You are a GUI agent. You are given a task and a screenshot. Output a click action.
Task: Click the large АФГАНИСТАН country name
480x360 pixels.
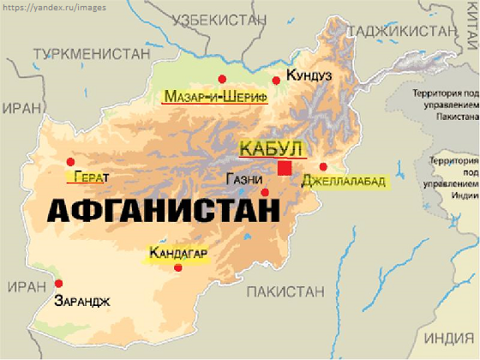[x=162, y=211]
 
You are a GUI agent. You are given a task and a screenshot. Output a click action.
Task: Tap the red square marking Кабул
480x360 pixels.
[x=285, y=168]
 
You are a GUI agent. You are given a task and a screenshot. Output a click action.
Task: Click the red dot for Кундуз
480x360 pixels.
[x=276, y=81]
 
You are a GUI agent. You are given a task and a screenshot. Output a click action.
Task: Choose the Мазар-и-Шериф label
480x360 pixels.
[x=214, y=96]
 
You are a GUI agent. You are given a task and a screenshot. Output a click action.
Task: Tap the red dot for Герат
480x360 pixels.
[x=70, y=161]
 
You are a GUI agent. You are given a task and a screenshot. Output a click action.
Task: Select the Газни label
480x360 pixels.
[x=245, y=180]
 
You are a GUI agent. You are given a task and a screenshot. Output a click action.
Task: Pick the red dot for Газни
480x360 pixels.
[x=265, y=192]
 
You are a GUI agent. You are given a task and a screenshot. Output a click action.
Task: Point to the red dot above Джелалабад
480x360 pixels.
[x=323, y=167]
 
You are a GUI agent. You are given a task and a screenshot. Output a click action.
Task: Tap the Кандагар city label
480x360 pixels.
[x=179, y=253]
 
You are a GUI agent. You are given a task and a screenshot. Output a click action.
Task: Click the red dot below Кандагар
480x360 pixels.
[x=178, y=268]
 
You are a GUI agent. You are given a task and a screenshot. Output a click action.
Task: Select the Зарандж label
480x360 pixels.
[x=82, y=300]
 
